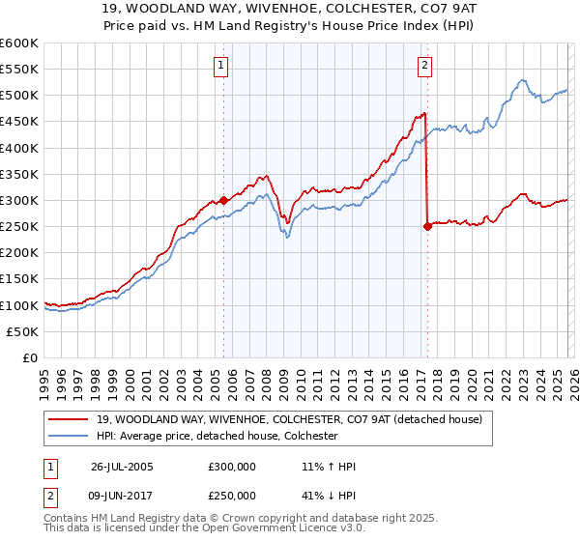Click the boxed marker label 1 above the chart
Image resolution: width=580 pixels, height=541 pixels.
(221, 66)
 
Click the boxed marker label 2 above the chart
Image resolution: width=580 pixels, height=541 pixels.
(424, 66)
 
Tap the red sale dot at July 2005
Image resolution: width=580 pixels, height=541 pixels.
(223, 200)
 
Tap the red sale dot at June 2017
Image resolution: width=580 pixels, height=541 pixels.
(427, 226)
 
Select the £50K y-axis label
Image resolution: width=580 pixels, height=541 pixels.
(22, 331)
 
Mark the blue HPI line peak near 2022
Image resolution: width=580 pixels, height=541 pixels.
(521, 80)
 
